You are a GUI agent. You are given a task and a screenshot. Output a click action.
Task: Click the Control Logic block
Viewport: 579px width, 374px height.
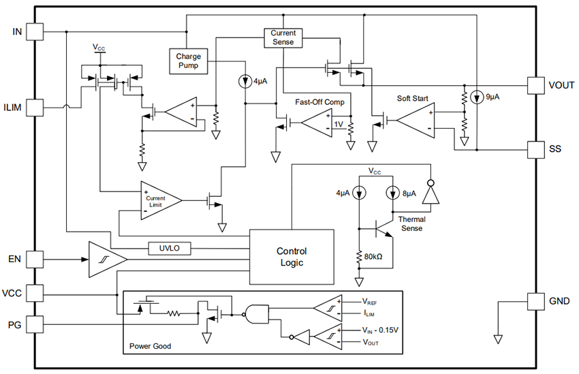pos(292,256)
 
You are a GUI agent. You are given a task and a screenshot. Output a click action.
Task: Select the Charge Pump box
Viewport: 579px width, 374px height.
pos(188,61)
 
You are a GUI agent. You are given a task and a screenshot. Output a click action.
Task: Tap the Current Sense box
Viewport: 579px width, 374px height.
pos(283,37)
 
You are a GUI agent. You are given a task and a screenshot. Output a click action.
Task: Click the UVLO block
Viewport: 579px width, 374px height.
pos(170,249)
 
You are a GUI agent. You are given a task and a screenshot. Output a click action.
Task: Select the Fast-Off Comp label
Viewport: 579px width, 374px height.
pos(319,102)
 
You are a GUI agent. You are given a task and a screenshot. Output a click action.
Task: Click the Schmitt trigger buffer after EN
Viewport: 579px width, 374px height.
pos(106,260)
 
